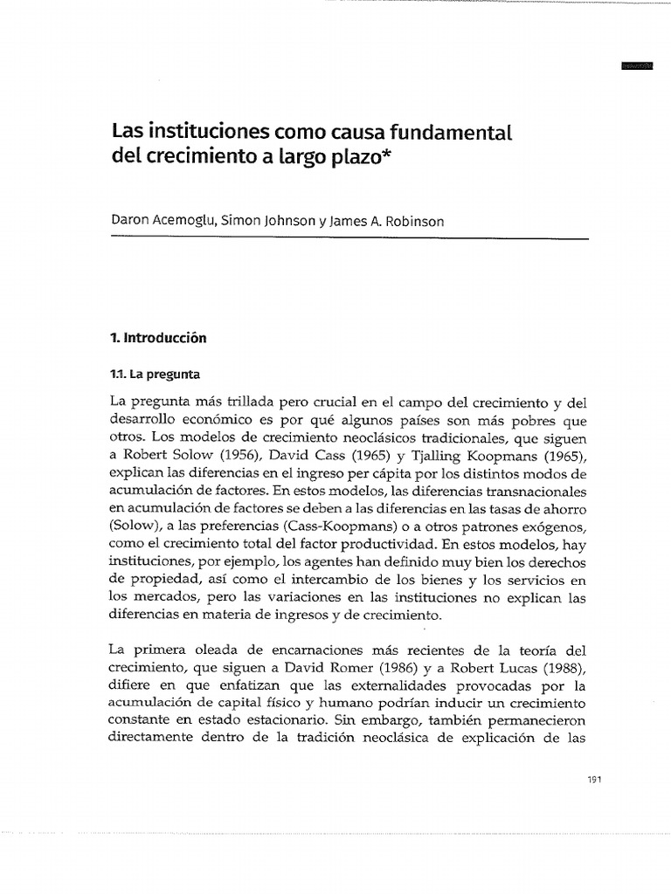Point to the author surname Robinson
(x=414, y=221)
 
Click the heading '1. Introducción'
(x=158, y=337)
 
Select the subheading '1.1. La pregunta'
(x=154, y=375)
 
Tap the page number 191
(x=572, y=780)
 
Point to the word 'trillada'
(x=231, y=402)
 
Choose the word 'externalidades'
(x=389, y=685)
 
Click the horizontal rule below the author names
(x=349, y=239)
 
